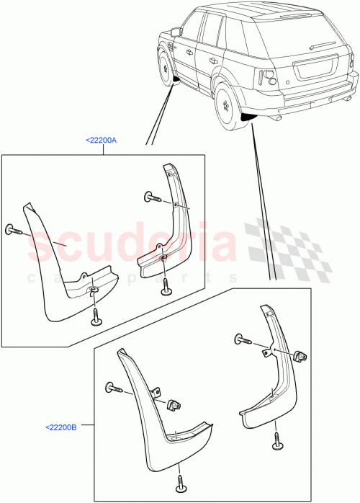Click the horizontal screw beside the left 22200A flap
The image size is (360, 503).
pos(14,231)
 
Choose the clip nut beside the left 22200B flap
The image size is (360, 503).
pos(172,405)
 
